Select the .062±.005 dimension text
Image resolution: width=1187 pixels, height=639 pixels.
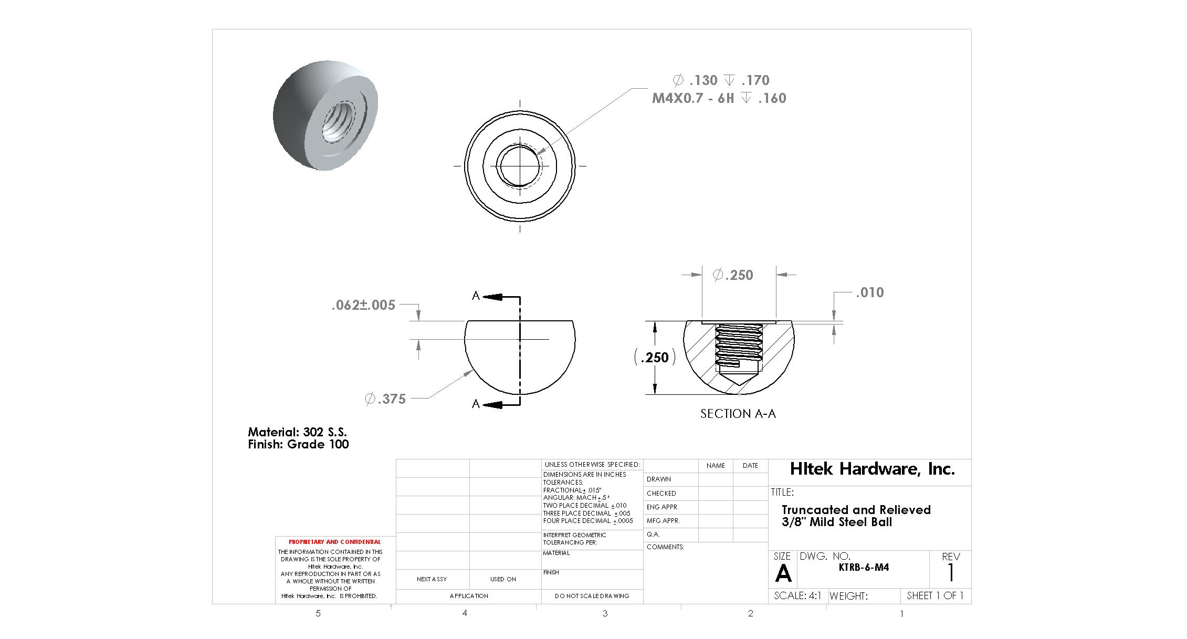point(363,305)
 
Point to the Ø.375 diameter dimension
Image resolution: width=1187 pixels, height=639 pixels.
point(385,399)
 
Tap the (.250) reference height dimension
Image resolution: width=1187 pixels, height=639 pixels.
point(655,358)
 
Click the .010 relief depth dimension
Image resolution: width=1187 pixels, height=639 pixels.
point(870,292)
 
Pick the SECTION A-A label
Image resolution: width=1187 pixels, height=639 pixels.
point(738,414)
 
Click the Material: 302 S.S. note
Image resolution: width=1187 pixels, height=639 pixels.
point(297,432)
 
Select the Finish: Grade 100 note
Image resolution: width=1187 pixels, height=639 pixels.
point(298,444)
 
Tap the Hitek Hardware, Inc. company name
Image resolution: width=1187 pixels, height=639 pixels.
point(872,469)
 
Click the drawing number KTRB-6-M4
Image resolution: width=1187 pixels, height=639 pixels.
point(864,568)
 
